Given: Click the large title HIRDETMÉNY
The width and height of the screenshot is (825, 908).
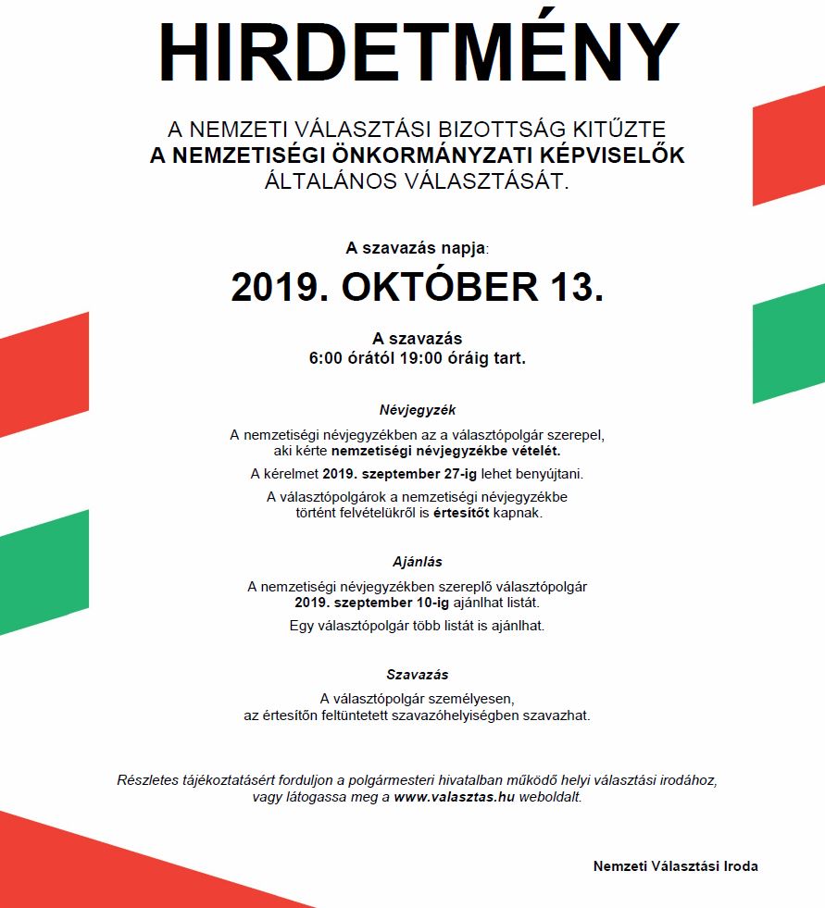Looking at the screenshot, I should click(x=419, y=52).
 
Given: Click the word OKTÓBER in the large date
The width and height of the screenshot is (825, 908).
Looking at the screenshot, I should click(x=440, y=287).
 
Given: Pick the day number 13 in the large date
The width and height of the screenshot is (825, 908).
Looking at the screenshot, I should click(x=576, y=287).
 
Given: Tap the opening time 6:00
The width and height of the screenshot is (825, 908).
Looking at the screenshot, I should click(x=327, y=357).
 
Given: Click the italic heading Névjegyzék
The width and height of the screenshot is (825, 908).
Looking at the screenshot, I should click(x=418, y=409).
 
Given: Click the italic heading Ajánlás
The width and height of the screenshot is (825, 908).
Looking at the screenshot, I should click(x=418, y=561).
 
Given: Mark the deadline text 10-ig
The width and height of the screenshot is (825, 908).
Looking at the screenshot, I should click(x=431, y=603).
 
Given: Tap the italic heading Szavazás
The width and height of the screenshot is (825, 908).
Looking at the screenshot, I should click(x=418, y=675).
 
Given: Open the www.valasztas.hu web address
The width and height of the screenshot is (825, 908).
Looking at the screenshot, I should click(x=454, y=797).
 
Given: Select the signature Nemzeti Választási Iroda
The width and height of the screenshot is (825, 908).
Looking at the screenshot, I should click(x=676, y=866).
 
